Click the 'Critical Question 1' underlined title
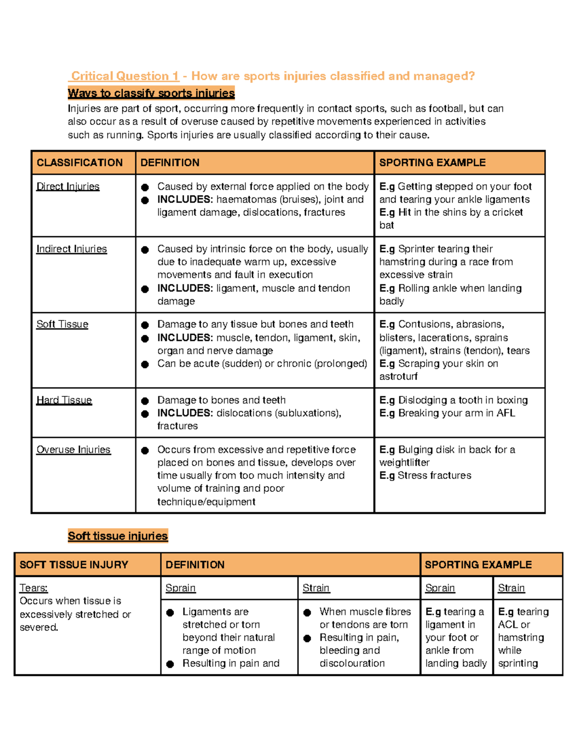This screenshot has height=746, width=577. (x=125, y=76)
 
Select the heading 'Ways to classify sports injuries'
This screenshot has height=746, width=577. (x=151, y=93)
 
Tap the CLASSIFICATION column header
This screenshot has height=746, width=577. (x=80, y=162)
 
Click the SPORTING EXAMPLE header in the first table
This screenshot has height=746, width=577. (x=432, y=162)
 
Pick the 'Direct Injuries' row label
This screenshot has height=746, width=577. (x=68, y=186)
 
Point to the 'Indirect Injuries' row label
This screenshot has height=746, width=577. (x=72, y=249)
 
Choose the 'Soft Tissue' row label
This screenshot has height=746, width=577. (x=63, y=324)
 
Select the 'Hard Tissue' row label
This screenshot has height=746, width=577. (x=64, y=400)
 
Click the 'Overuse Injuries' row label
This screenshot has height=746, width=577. (x=74, y=450)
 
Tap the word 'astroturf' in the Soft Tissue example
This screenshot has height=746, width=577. (x=398, y=377)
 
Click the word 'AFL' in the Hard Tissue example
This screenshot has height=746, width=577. (x=505, y=413)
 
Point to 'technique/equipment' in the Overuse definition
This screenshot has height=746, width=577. (x=206, y=501)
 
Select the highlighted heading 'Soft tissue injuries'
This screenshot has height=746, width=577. (x=118, y=536)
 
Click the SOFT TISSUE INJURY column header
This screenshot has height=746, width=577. (x=74, y=564)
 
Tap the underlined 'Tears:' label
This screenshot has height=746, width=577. (x=34, y=588)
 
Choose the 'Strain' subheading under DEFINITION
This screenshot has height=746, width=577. (x=316, y=588)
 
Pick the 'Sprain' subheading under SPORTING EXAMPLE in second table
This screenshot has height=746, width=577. (x=440, y=588)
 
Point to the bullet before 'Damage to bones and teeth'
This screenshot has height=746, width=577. (x=145, y=401)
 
